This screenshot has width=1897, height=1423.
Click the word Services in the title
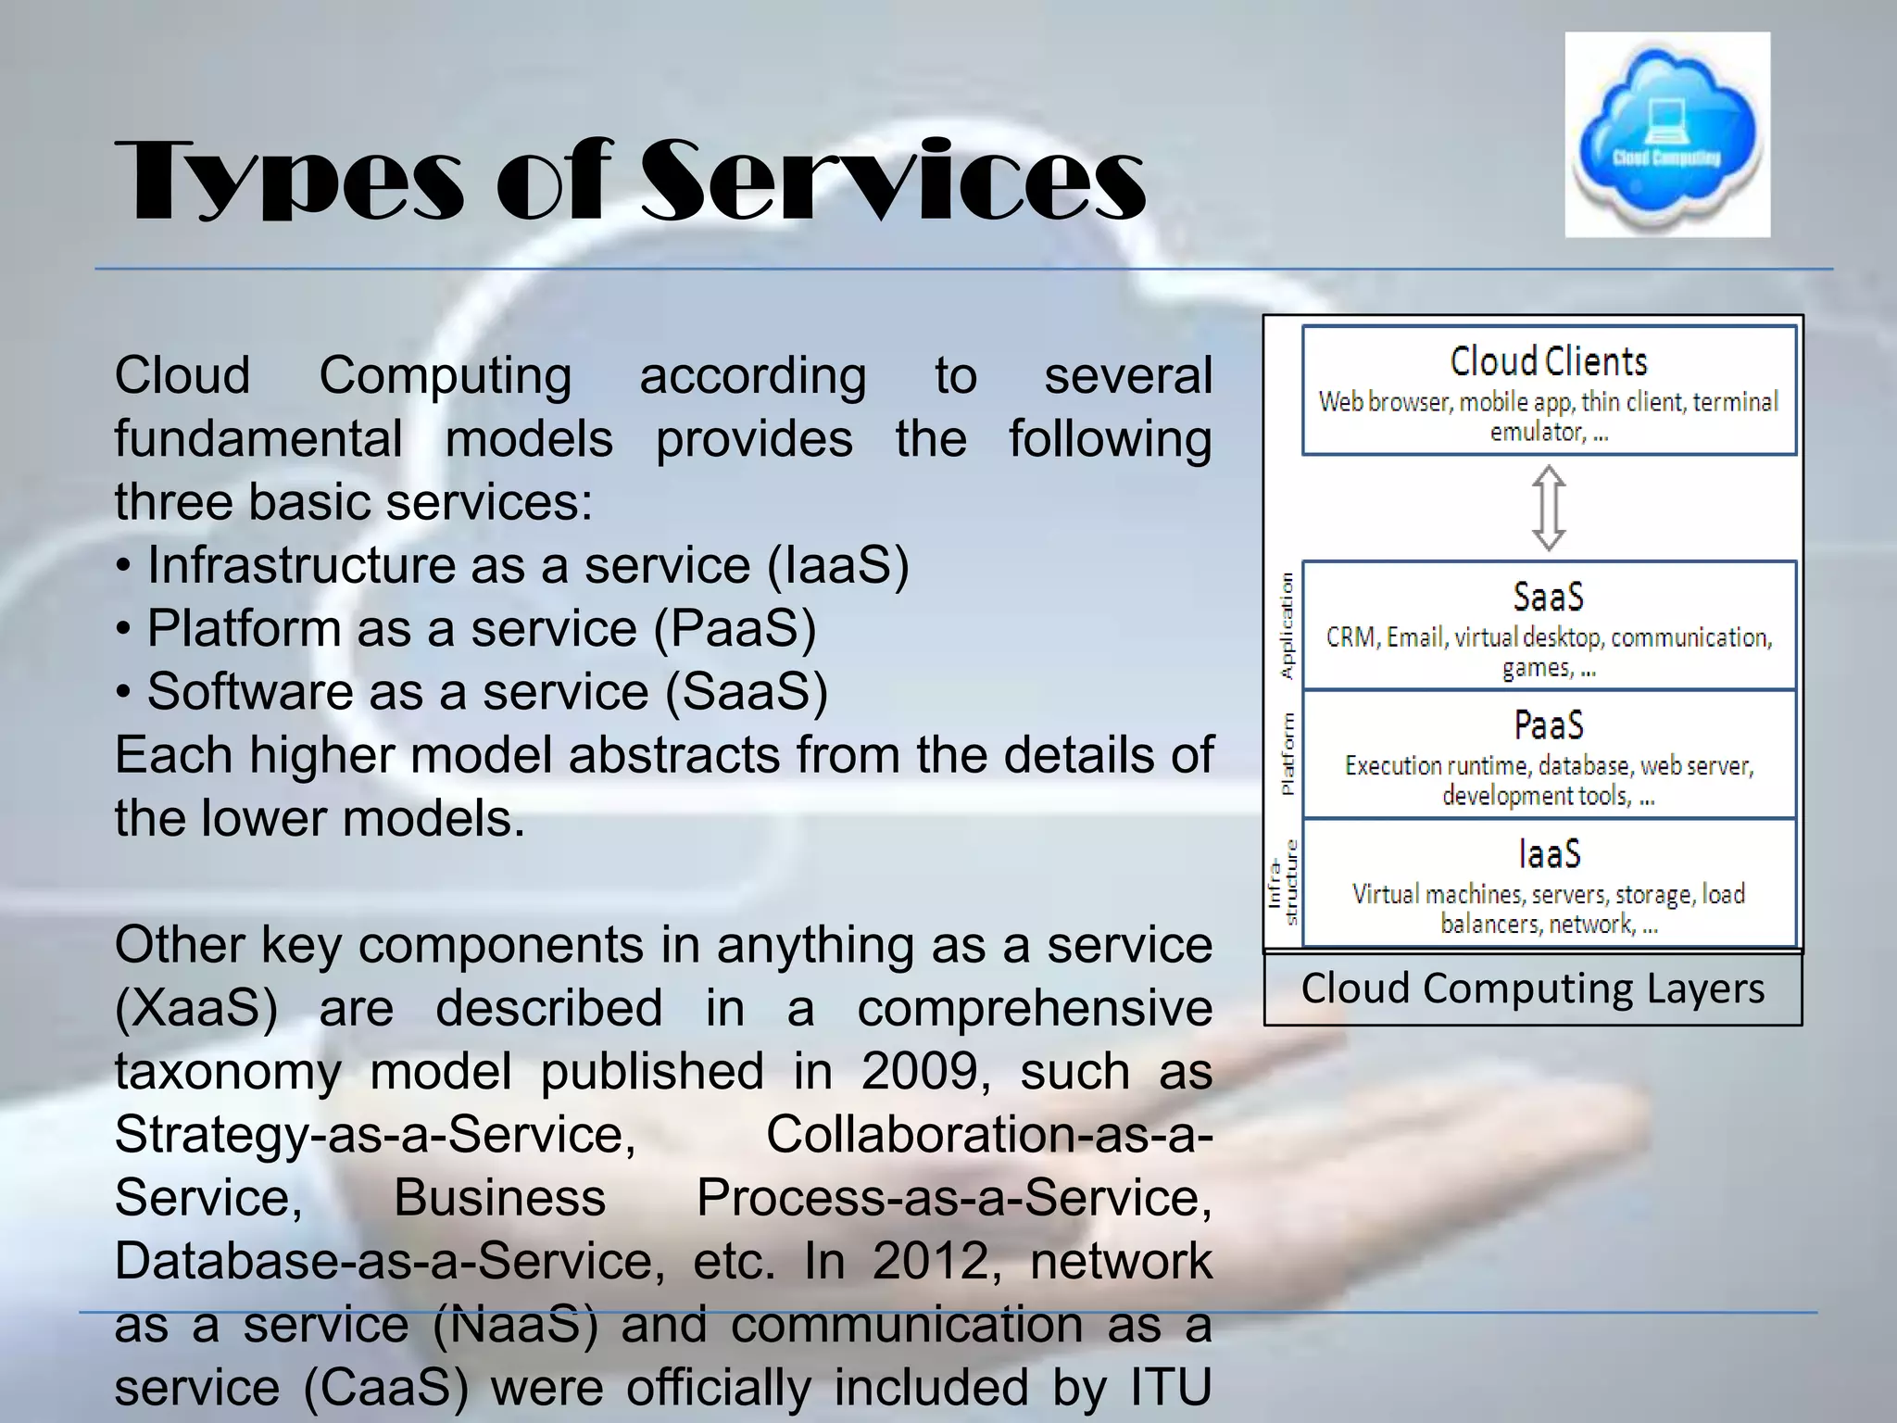pyautogui.click(x=894, y=181)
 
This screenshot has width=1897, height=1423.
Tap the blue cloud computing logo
pyautogui.click(x=1667, y=134)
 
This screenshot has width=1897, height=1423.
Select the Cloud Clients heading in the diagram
pyautogui.click(x=1549, y=361)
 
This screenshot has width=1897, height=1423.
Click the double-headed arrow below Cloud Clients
pyautogui.click(x=1549, y=508)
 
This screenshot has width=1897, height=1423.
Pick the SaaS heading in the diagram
pyautogui.click(x=1549, y=597)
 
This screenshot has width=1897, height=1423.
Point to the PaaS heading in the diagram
pyautogui.click(x=1549, y=724)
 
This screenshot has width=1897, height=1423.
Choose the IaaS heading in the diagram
pyautogui.click(x=1549, y=853)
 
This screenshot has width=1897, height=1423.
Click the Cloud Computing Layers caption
pyautogui.click(x=1533, y=989)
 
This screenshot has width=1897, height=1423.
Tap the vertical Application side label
pyautogui.click(x=1287, y=625)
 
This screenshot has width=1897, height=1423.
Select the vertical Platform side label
pyautogui.click(x=1287, y=753)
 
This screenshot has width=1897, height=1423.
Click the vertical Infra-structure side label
pyautogui.click(x=1283, y=882)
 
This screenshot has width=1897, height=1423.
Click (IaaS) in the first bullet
pyautogui.click(x=838, y=565)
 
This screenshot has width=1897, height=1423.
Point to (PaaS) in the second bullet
pyautogui.click(x=735, y=628)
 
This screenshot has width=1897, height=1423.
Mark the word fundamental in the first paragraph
pyautogui.click(x=258, y=439)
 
